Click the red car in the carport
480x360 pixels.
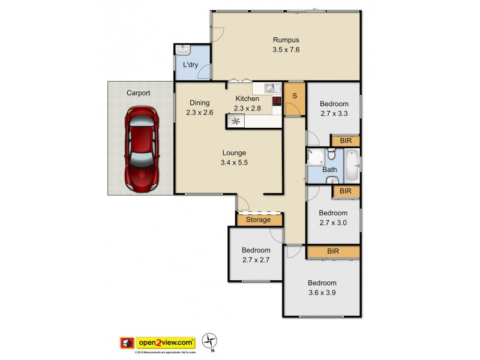(141, 148)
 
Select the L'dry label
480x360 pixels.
(183, 65)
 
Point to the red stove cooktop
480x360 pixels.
(277, 101)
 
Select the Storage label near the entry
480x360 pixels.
(259, 220)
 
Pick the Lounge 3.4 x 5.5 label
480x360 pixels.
(233, 157)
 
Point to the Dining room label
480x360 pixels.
(200, 106)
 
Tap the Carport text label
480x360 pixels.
(138, 93)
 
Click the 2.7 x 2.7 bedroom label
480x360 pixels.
(256, 256)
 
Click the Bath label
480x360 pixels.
(329, 170)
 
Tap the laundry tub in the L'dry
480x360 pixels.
(182, 50)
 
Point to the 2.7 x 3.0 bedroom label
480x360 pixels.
(333, 217)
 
